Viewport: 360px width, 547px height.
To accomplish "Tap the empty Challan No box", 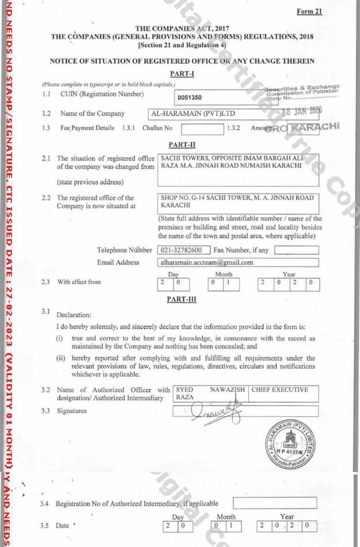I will point(202,129).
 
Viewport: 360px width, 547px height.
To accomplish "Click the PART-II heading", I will point(180,144).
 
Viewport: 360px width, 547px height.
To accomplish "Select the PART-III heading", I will point(181,299).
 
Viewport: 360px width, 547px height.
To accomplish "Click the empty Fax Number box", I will point(296,250).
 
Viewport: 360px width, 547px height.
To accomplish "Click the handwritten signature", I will point(216,412).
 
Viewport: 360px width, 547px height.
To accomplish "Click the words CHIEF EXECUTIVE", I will point(280,390).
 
